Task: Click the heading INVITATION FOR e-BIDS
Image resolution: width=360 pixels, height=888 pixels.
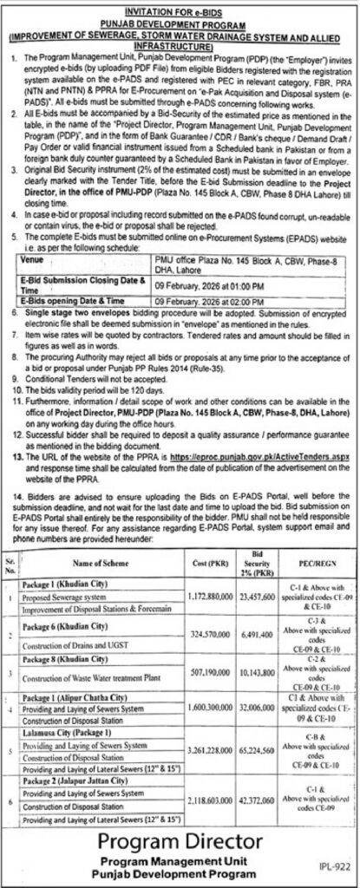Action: pos(180,7)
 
